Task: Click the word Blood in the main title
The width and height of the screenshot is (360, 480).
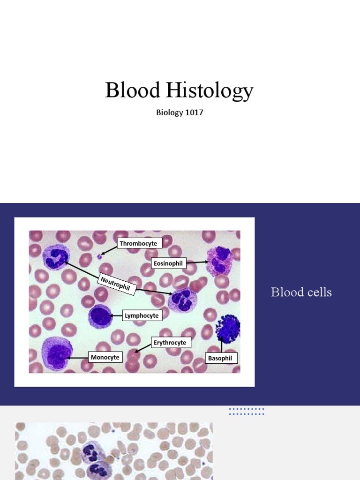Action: [x=132, y=90]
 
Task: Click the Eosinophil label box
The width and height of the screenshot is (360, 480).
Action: [x=168, y=263]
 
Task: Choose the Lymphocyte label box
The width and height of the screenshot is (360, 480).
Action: [x=142, y=316]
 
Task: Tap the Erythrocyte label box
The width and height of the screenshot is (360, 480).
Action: [x=170, y=343]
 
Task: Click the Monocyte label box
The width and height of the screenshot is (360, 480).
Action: [x=105, y=357]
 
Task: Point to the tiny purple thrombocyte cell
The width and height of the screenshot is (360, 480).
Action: [x=99, y=256]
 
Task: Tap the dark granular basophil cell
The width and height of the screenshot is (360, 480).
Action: [x=228, y=328]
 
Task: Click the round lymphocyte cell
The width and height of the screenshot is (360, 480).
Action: [x=99, y=316]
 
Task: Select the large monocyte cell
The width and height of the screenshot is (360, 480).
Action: [x=57, y=353]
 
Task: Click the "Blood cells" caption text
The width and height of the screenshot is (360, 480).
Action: [x=301, y=292]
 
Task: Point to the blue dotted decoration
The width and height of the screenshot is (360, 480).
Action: [x=247, y=412]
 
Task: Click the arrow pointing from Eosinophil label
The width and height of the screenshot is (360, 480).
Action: [x=197, y=262]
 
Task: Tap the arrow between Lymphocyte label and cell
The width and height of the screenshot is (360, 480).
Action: [x=116, y=316]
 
